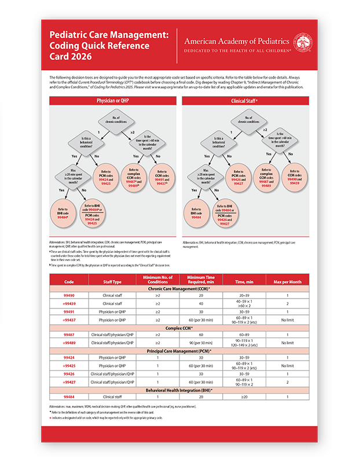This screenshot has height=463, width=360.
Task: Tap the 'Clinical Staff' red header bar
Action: pos(248,100)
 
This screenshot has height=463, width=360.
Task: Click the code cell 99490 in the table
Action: pos(69,295)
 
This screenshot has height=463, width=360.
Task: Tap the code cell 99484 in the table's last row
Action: pos(69,396)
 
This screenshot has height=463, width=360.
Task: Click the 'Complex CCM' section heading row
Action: pos(180,328)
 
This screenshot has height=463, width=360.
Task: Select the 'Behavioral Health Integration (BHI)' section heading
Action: pos(180,389)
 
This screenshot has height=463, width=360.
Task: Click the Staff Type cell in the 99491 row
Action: pos(112,311)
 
